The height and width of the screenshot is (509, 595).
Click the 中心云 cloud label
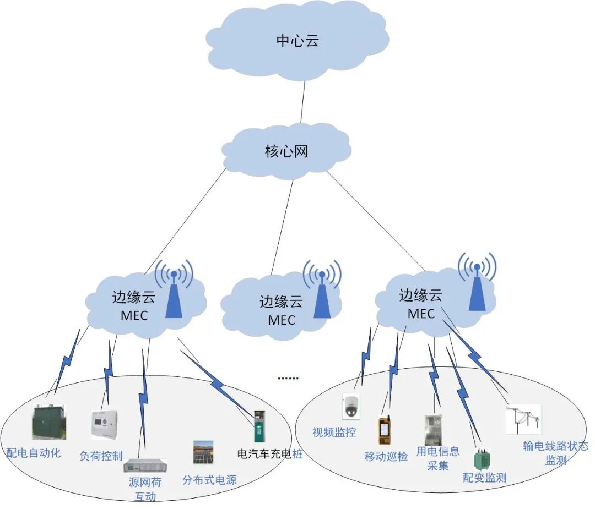[297, 41]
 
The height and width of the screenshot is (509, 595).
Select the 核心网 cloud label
[286, 151]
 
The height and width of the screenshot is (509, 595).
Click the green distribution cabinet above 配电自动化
[48, 423]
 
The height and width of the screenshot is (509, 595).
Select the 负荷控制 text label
[101, 456]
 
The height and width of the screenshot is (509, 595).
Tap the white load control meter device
[105, 424]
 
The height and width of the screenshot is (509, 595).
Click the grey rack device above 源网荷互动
[141, 466]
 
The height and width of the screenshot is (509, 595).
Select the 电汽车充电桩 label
[269, 455]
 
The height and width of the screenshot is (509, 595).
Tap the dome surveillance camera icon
[350, 406]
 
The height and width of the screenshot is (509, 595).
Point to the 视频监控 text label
[334, 433]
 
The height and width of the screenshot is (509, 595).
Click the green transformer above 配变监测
[482, 458]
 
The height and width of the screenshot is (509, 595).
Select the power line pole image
[523, 419]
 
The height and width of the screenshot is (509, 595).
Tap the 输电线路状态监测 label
[555, 453]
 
